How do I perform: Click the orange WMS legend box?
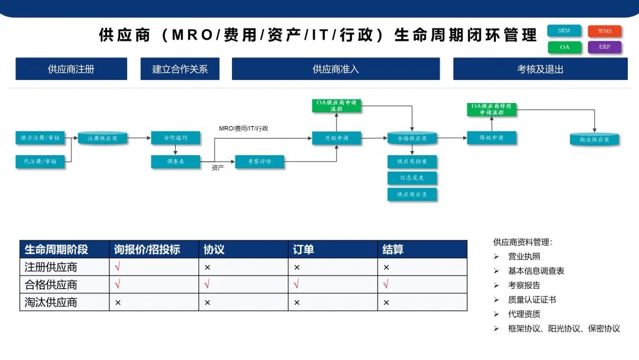coord(605,31)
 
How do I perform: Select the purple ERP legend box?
coord(605,47)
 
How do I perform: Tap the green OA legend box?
coord(564,47)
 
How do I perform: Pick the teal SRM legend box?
coord(564,31)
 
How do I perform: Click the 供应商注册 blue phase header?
coord(71,69)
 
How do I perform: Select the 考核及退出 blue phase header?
coord(540,69)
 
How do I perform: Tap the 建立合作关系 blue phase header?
coord(180,69)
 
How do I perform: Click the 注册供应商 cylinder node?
coord(102,138)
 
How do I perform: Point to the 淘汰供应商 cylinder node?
coord(595,139)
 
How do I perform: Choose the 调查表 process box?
coord(176,161)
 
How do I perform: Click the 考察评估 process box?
coord(259,161)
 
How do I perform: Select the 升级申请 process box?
coord(337,138)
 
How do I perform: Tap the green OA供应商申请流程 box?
coord(337,106)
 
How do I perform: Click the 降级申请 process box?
coord(492,138)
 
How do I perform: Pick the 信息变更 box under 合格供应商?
coord(412,178)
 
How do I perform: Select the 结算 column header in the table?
coord(422,249)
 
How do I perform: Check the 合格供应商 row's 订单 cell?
coord(333,284)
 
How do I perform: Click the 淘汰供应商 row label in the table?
coord(64,302)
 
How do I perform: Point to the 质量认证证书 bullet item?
coord(532,300)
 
